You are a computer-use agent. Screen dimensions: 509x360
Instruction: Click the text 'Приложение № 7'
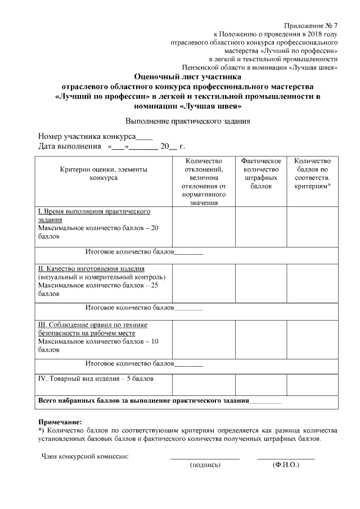tap(310, 26)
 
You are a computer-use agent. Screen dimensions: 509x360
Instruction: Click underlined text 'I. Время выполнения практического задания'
tap(94, 215)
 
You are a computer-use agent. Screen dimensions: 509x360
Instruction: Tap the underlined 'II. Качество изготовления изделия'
tap(91, 269)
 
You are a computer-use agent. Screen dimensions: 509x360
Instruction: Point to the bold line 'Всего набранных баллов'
tap(143, 402)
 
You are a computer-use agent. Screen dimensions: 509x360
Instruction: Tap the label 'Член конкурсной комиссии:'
tap(85, 456)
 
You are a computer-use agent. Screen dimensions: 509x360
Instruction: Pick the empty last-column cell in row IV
tap(312, 384)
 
